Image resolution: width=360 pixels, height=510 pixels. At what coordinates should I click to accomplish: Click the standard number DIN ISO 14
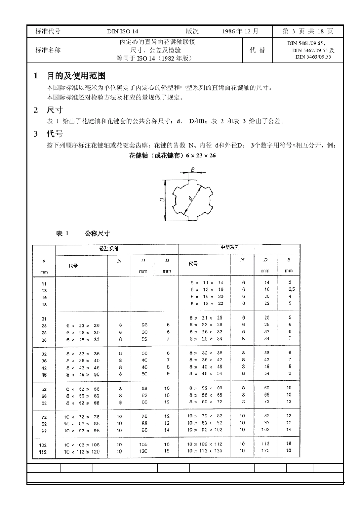(x=122, y=31)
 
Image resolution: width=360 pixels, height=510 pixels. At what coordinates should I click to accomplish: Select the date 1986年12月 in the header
(x=240, y=31)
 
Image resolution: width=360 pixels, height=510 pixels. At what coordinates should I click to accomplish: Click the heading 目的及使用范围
(x=76, y=76)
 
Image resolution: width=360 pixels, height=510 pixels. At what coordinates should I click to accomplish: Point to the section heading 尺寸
(x=55, y=110)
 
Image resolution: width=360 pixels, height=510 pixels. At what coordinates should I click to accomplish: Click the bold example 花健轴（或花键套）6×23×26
(x=172, y=155)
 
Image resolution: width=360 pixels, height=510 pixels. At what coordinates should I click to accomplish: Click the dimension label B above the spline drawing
(x=193, y=170)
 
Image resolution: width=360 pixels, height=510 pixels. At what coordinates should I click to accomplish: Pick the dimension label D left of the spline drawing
(x=162, y=201)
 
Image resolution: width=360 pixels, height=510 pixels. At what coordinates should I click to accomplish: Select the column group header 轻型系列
(x=108, y=249)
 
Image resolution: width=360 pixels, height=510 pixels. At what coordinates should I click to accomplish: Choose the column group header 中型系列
(x=230, y=247)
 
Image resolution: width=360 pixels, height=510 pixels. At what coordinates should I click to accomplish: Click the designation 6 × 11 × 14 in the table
(x=207, y=282)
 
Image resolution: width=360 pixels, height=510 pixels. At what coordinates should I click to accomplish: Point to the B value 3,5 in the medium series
(x=291, y=289)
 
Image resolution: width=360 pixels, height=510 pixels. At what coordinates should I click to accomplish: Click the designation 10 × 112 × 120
(x=82, y=452)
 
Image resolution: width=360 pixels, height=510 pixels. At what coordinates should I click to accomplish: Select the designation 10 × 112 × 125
(x=205, y=451)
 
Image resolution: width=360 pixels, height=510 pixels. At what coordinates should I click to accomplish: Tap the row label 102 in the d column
(x=43, y=445)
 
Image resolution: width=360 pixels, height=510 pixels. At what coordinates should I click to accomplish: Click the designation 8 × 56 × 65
(x=206, y=395)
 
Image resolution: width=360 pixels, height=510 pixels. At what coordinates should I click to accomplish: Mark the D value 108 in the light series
(x=143, y=444)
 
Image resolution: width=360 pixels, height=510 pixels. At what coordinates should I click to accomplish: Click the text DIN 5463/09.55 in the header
(x=313, y=57)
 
